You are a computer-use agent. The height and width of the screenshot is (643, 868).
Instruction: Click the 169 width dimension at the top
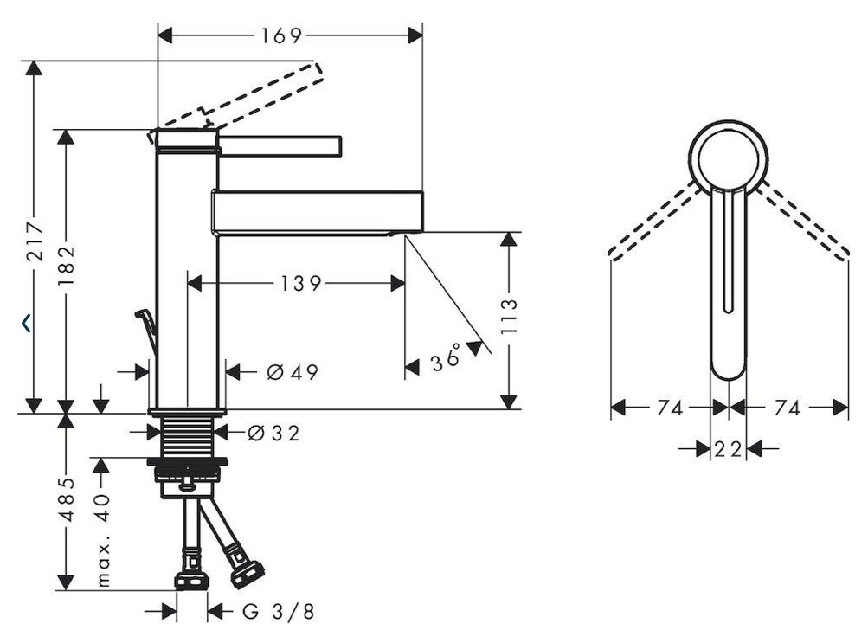[282, 36]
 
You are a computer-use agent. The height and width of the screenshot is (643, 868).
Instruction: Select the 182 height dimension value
[67, 266]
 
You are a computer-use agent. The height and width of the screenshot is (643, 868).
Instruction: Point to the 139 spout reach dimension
[300, 284]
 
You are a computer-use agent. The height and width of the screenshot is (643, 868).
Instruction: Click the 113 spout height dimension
[508, 316]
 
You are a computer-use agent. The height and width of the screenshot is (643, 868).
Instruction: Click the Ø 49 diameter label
[293, 372]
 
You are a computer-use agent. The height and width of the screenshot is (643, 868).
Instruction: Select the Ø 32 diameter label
[273, 432]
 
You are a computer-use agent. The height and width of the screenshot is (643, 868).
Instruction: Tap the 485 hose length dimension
[67, 499]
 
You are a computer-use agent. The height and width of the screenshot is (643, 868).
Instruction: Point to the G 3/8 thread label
[279, 612]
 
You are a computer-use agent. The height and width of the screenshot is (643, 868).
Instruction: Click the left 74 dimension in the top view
[670, 408]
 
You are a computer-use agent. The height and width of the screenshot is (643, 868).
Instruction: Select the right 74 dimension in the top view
[788, 408]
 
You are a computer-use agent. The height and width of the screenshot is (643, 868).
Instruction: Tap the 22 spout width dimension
[728, 449]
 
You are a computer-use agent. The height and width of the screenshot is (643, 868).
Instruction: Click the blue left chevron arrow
[26, 323]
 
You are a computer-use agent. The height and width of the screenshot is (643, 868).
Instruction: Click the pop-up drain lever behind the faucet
[147, 329]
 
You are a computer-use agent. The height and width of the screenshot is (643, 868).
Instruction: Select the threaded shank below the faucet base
[187, 436]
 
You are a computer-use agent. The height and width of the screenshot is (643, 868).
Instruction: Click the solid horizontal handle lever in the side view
[280, 145]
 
